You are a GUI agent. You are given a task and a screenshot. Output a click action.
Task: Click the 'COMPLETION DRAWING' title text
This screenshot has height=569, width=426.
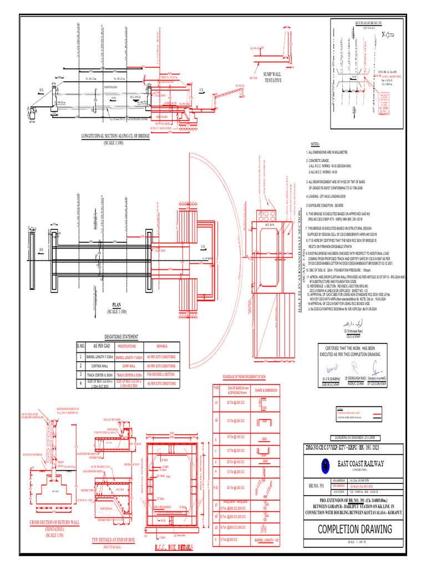(355, 529)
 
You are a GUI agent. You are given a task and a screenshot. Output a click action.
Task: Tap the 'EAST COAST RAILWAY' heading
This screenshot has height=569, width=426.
(362, 464)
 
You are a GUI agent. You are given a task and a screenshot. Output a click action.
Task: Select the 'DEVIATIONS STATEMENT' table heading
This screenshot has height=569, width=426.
(121, 336)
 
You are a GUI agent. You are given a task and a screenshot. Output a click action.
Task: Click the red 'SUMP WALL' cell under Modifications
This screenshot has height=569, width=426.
(128, 366)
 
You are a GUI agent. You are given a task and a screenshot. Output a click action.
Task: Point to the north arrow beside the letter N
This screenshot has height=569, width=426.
(388, 34)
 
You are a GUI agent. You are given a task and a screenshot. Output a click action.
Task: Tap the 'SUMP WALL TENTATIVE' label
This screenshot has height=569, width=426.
(272, 77)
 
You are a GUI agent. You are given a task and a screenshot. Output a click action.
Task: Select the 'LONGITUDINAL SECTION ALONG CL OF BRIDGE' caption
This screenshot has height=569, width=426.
(116, 136)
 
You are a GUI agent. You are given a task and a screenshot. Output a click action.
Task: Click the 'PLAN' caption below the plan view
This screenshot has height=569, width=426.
(116, 305)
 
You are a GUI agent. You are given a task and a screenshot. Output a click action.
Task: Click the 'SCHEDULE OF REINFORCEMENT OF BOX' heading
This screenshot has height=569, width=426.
(245, 377)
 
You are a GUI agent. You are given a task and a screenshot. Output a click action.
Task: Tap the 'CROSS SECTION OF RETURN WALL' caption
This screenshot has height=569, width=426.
(54, 523)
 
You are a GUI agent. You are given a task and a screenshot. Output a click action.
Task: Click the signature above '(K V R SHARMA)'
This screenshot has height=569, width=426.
(332, 369)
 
